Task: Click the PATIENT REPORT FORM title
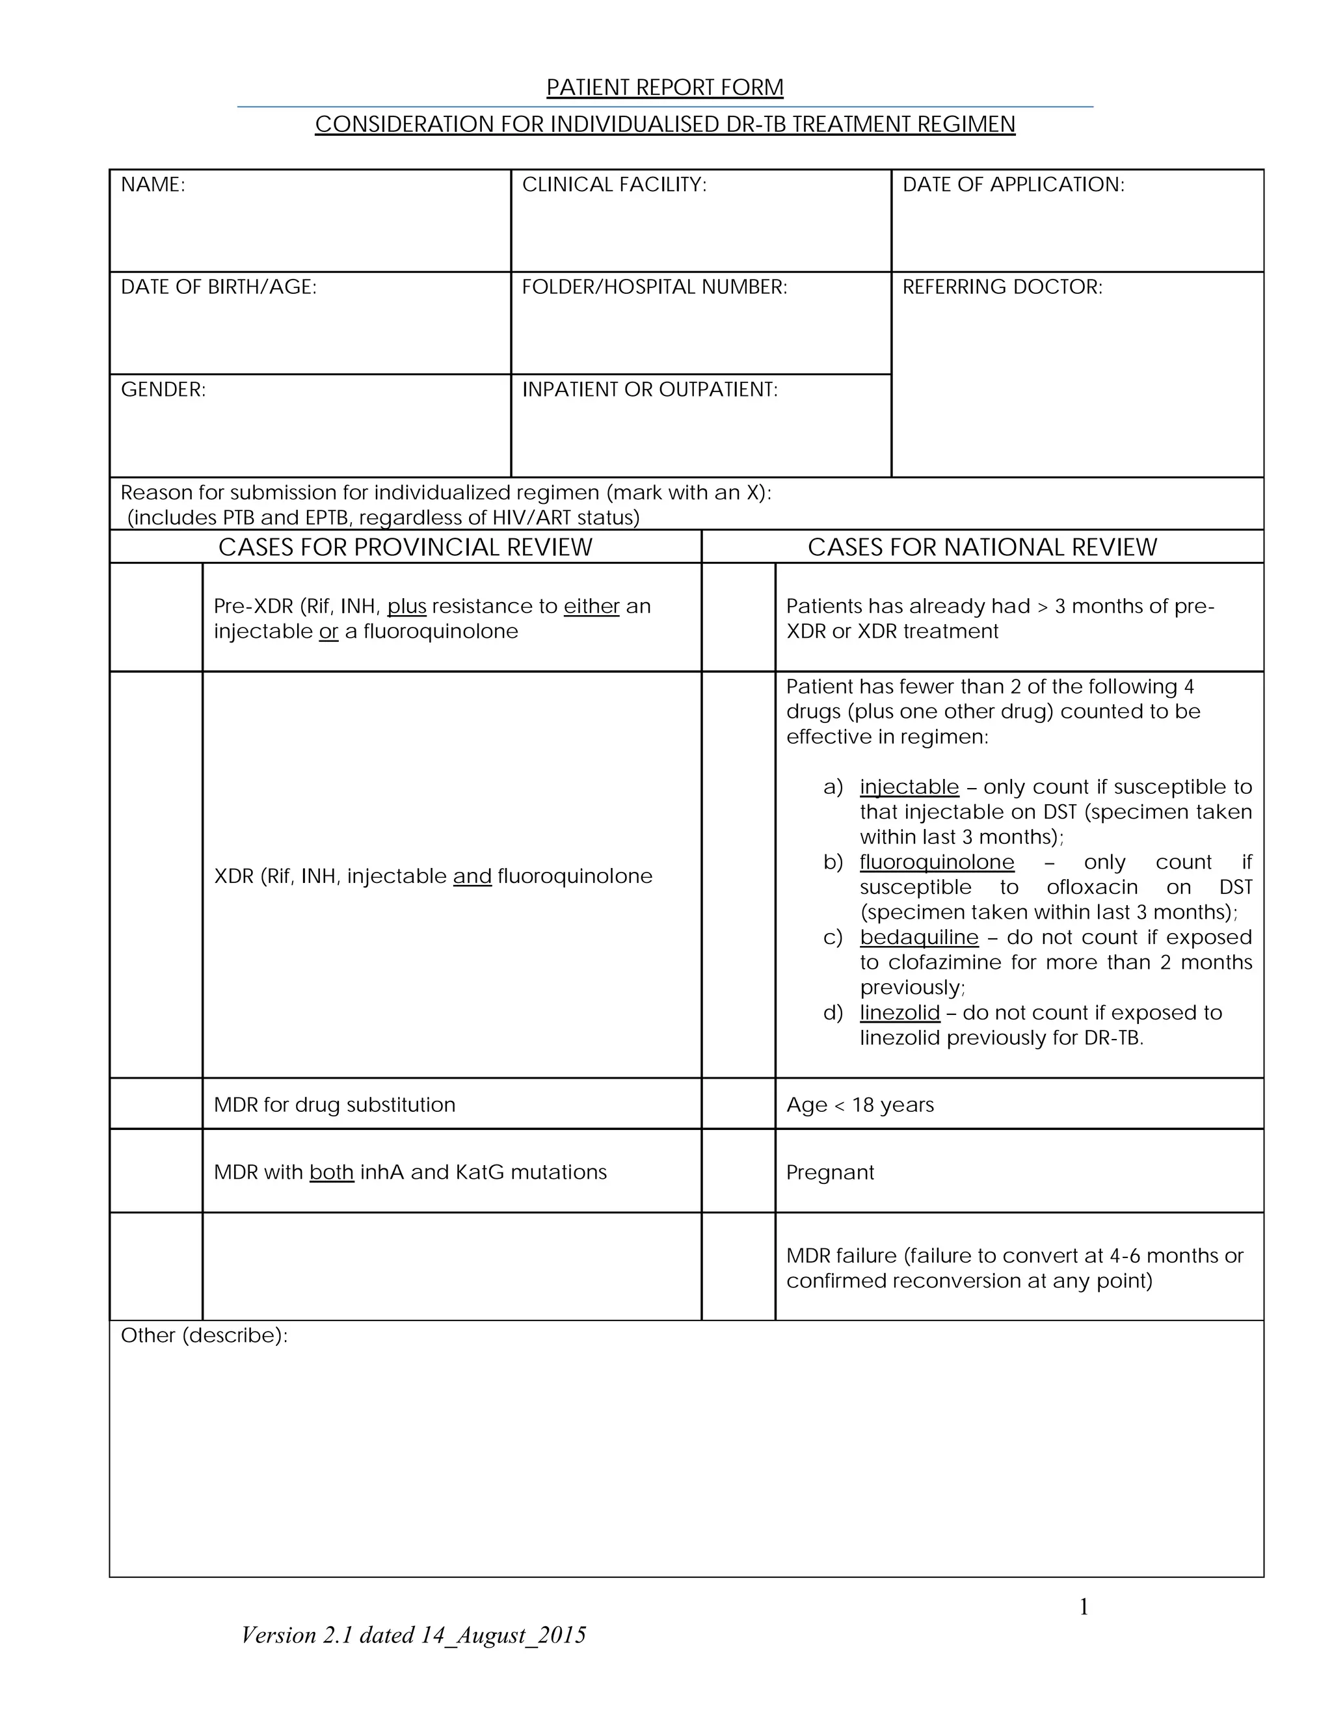pyautogui.click(x=665, y=88)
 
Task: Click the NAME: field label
pyautogui.click(x=153, y=185)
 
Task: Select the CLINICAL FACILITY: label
pyautogui.click(x=614, y=185)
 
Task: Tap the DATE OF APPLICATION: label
pyautogui.click(x=1013, y=185)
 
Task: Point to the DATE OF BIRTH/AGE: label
pyautogui.click(x=219, y=287)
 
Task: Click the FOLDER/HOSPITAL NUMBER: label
pyautogui.click(x=654, y=287)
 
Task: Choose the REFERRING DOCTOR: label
pyautogui.click(x=1002, y=287)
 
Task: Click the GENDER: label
pyautogui.click(x=163, y=389)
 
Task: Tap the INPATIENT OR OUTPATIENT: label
pyautogui.click(x=650, y=389)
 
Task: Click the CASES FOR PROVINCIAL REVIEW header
pyautogui.click(x=405, y=547)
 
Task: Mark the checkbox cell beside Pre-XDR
pyautogui.click(x=156, y=618)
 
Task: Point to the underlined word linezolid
pyautogui.click(x=899, y=1013)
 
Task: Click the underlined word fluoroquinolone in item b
pyautogui.click(x=937, y=862)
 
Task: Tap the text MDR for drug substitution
pyautogui.click(x=334, y=1105)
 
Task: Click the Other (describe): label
pyautogui.click(x=204, y=1335)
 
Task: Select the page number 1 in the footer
pyautogui.click(x=1084, y=1607)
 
